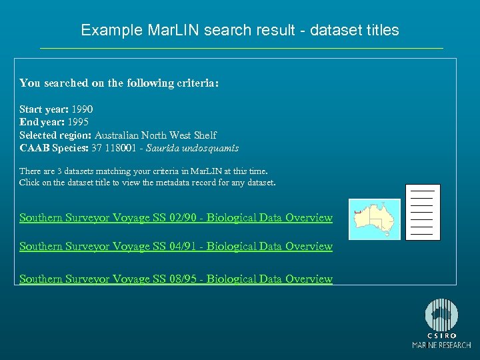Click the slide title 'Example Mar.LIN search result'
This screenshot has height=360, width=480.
pyautogui.click(x=239, y=30)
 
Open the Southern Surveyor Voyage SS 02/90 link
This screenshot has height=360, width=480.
pyautogui.click(x=176, y=217)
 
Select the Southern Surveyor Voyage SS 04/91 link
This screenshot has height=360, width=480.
pyautogui.click(x=176, y=246)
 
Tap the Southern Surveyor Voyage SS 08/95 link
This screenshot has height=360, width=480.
pyautogui.click(x=176, y=279)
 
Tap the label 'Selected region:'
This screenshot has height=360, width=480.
pyautogui.click(x=55, y=135)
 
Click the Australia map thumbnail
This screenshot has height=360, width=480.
pyautogui.click(x=375, y=219)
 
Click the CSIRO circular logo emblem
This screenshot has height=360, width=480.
pyautogui.click(x=442, y=315)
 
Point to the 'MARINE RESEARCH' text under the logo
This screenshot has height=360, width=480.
pyautogui.click(x=441, y=345)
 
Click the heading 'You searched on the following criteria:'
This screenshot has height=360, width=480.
pyautogui.click(x=119, y=83)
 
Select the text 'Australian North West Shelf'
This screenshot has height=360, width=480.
pyautogui.click(x=155, y=135)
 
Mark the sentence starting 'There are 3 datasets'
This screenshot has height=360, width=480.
pyautogui.click(x=143, y=171)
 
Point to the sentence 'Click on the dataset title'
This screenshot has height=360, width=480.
pyautogui.click(x=147, y=182)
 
